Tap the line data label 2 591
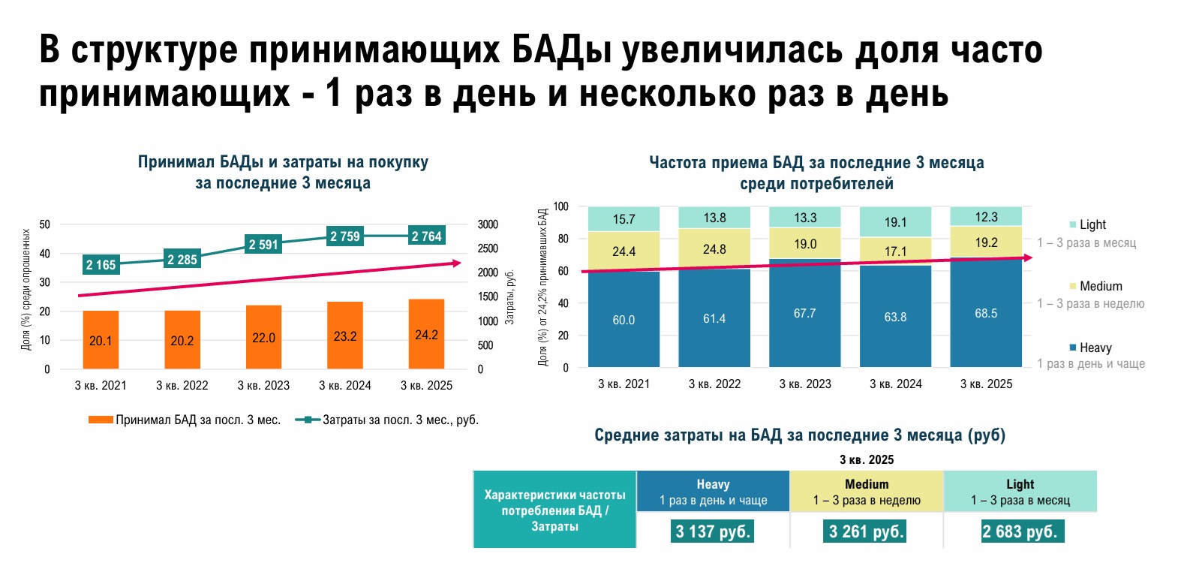263,245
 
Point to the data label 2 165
101,265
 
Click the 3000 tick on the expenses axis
488,224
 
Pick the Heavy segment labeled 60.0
624,320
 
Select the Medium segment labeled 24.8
714,248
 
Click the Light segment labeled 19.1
895,222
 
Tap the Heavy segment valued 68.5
986,313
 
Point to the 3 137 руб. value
713,531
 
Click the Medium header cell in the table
867,492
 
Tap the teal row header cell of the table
554,510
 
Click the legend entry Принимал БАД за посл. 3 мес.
185,420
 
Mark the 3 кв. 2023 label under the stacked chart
805,384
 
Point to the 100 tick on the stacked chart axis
561,206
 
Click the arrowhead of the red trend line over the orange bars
457,263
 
